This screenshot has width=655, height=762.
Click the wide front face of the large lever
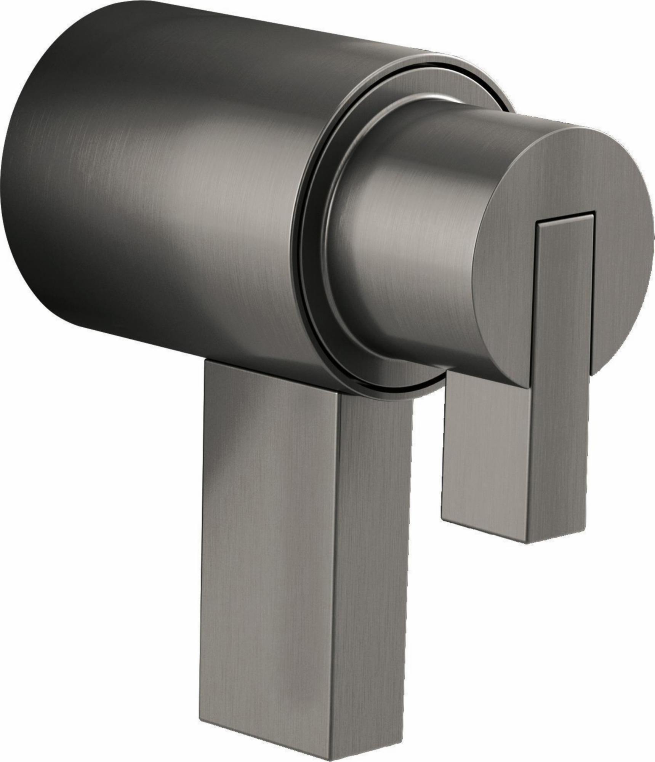pos(267,533)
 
